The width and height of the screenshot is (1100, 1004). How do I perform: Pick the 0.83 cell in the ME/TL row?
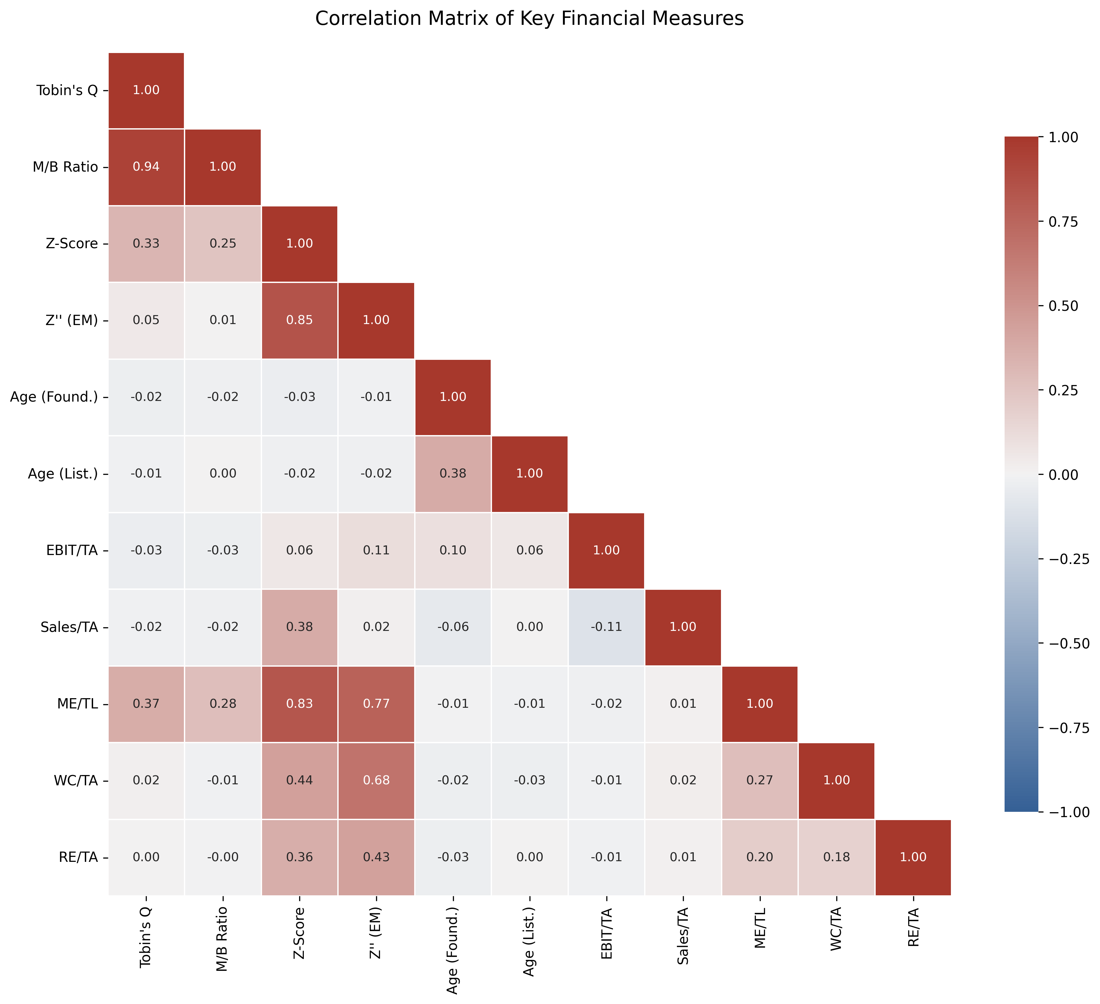pyautogui.click(x=300, y=704)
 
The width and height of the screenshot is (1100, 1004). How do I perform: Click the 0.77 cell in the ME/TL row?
pyautogui.click(x=376, y=704)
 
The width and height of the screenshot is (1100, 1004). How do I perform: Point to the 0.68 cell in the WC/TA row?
pyautogui.click(x=376, y=780)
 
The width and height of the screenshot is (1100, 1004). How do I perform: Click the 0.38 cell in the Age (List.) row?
pyautogui.click(x=453, y=474)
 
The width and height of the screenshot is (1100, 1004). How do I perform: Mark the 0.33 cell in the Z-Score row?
pyautogui.click(x=146, y=243)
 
